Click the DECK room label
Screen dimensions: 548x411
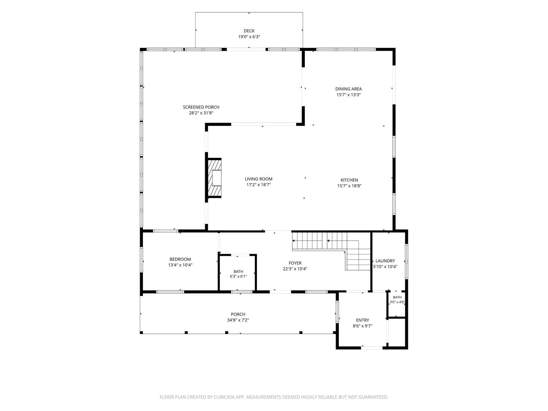click(x=249, y=31)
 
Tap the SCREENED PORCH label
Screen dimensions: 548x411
click(x=201, y=107)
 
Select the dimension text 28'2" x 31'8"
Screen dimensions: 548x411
click(x=201, y=113)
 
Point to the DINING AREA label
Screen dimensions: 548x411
click(x=348, y=89)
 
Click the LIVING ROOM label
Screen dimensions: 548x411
click(x=258, y=179)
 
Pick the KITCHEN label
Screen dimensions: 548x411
click(x=349, y=180)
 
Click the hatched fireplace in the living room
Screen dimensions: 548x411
click(x=214, y=178)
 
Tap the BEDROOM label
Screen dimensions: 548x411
click(x=180, y=259)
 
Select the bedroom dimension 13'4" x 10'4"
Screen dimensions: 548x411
click(x=180, y=265)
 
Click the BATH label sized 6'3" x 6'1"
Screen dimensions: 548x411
click(x=238, y=272)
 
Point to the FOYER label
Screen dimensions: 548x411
click(x=295, y=263)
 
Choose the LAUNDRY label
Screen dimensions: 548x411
click(x=385, y=261)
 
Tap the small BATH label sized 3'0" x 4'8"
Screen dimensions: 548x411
click(x=397, y=297)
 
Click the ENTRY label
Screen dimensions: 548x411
click(x=362, y=320)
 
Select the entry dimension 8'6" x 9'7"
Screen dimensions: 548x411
click(x=362, y=326)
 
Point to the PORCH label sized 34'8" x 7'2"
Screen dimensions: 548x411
click(x=238, y=314)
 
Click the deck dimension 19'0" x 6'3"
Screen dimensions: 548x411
click(x=249, y=37)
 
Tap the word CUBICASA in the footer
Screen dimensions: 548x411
click(x=224, y=397)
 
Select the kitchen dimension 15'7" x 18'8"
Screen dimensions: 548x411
click(x=349, y=186)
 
